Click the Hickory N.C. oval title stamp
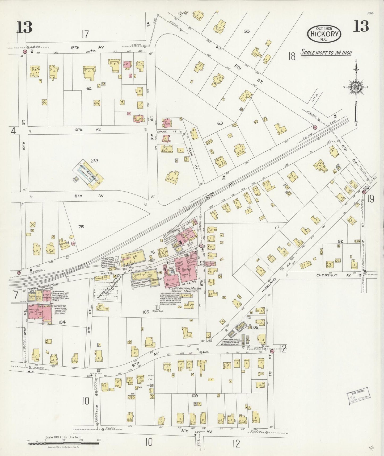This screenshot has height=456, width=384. [x=324, y=34]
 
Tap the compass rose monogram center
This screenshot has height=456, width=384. [x=356, y=87]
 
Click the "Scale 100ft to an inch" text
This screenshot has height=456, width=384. [x=326, y=52]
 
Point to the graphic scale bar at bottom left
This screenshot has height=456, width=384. [x=63, y=443]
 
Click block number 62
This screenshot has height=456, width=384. [x=88, y=88]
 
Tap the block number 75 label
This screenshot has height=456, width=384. [x=81, y=227]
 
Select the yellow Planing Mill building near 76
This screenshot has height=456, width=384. [x=133, y=258]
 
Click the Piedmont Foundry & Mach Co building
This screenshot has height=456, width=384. [x=145, y=278]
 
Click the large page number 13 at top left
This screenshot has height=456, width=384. [x=25, y=27]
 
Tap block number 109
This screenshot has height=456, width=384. [x=195, y=396]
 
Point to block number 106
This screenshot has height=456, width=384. [x=255, y=327]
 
